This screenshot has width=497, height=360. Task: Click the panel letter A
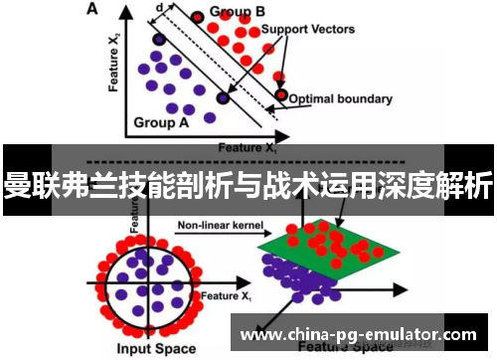click(92, 9)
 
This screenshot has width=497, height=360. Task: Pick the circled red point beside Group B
click(198, 17)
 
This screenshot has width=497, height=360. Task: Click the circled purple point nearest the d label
click(158, 40)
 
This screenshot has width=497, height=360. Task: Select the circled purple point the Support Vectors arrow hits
click(222, 97)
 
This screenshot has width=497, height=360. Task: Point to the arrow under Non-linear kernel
click(213, 237)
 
